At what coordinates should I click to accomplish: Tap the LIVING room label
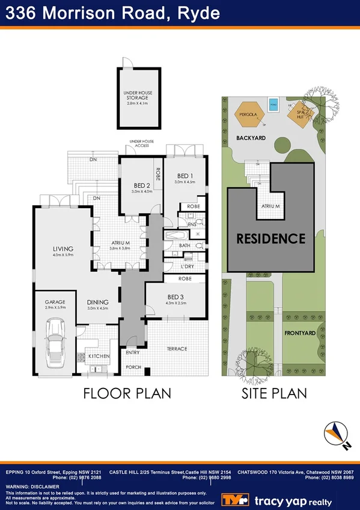point(63,248)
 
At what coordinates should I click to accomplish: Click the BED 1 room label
point(185,176)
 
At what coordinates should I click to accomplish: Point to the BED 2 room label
point(141,185)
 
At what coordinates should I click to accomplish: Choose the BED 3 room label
point(175,297)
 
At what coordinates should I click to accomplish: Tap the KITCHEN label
point(99,356)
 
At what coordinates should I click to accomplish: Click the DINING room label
point(97,303)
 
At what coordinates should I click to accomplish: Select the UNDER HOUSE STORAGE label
point(139,96)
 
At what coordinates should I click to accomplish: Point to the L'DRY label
point(187,266)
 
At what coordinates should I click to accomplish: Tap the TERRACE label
point(177,348)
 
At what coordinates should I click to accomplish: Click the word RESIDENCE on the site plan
point(270,238)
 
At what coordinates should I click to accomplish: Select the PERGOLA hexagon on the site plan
point(248,114)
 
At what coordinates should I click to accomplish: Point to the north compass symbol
point(336,434)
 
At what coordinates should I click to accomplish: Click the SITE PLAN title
point(274,393)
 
